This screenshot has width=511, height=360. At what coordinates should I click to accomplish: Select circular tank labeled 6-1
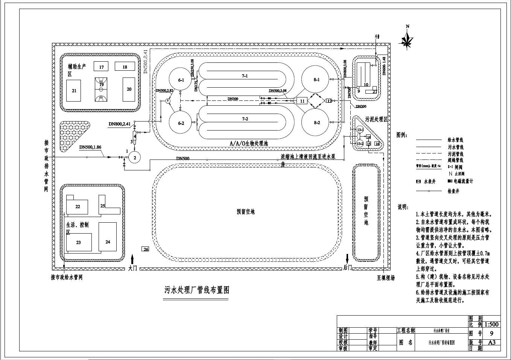click(181, 80)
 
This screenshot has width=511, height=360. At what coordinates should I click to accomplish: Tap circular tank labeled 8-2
click(316, 123)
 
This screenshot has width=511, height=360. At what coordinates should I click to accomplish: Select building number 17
click(101, 67)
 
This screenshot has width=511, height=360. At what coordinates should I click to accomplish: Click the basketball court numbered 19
click(101, 89)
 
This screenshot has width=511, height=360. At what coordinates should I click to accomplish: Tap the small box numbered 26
click(146, 249)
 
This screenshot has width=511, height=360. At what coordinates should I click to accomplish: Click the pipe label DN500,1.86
click(90, 147)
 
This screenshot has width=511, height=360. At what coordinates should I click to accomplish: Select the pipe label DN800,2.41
click(119, 124)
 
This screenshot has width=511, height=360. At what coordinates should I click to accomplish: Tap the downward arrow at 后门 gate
click(347, 259)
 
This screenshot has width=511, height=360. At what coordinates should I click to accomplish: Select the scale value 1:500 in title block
click(492, 324)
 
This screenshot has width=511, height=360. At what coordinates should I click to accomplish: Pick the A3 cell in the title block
click(492, 342)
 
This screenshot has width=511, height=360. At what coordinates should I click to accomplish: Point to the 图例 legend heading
click(402, 135)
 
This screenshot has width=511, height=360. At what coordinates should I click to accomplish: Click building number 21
click(74, 91)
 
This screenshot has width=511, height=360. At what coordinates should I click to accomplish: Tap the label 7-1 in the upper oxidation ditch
click(245, 76)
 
